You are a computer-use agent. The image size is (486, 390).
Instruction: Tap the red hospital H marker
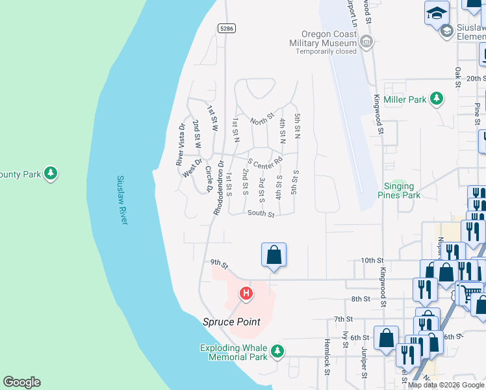pyautogui.click(x=246, y=294)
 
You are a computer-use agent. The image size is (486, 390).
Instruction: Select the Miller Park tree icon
pyautogui.click(x=437, y=99)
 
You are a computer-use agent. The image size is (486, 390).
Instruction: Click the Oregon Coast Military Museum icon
pyautogui.click(x=367, y=42)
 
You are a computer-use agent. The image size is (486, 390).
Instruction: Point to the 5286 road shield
pyautogui.click(x=227, y=29)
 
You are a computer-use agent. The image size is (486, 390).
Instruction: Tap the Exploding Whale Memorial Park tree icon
pyautogui.click(x=277, y=352)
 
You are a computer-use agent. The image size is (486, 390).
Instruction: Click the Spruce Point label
pyautogui.click(x=231, y=322)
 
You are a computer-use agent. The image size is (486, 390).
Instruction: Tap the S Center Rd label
pyautogui.click(x=264, y=160)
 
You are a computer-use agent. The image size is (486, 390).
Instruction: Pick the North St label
pyautogui.click(x=262, y=119)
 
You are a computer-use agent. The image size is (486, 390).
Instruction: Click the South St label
pyautogui.click(x=261, y=214)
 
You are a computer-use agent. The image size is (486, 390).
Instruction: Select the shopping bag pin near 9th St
pyautogui.click(x=274, y=254)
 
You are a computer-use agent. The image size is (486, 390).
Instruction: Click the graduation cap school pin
pyautogui.click(x=437, y=12)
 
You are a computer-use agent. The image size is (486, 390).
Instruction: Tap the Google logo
pyautogui.click(x=21, y=382)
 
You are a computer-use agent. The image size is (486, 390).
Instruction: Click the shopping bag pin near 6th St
pyautogui.click(x=386, y=338)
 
